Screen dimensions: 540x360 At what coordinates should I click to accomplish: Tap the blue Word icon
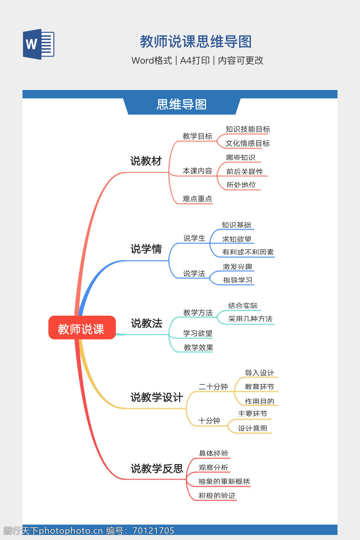click(x=38, y=44)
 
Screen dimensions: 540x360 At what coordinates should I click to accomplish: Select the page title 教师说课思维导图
click(x=195, y=41)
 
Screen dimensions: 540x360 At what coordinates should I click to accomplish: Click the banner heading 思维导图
click(x=181, y=104)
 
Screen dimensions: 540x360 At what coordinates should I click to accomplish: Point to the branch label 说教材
click(x=146, y=161)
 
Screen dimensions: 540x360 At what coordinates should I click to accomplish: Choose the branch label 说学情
click(x=146, y=249)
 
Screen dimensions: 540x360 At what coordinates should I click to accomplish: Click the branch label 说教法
click(x=147, y=323)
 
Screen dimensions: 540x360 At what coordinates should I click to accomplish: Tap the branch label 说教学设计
click(x=156, y=397)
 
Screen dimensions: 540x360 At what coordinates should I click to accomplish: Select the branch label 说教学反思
click(x=157, y=468)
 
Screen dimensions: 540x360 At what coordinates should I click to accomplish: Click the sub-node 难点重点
click(x=197, y=199)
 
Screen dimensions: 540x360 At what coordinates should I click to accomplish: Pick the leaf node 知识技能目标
click(x=247, y=129)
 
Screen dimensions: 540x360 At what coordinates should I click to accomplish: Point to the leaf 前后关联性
click(x=244, y=172)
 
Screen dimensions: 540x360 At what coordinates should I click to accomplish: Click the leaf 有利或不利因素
click(x=248, y=252)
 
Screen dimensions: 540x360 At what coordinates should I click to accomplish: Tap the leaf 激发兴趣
click(x=237, y=267)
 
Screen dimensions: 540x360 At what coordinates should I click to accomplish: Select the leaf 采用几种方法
click(x=250, y=319)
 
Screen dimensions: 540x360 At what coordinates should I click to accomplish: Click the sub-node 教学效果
click(x=198, y=348)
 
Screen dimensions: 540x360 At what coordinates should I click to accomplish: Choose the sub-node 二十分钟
click(x=213, y=387)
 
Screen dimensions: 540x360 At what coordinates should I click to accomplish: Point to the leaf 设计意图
click(x=252, y=428)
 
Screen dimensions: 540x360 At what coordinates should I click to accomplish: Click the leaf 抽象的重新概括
click(x=224, y=482)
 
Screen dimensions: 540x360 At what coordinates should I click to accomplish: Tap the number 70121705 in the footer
click(x=153, y=531)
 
